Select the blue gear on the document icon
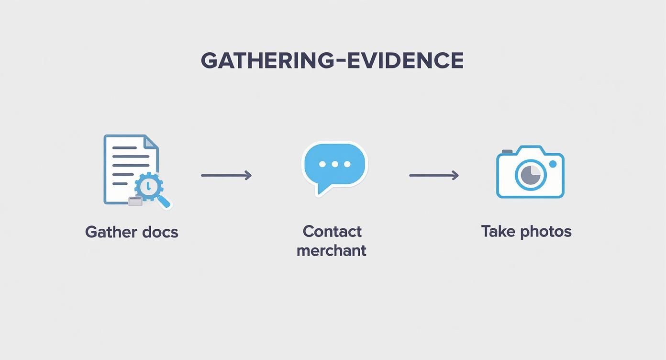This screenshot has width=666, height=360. pyautogui.click(x=149, y=186)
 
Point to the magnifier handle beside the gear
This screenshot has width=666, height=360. pyautogui.click(x=164, y=202)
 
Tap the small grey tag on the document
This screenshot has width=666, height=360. pyautogui.click(x=135, y=201)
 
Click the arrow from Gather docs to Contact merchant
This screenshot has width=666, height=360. pyautogui.click(x=226, y=176)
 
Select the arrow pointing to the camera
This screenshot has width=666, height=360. pyautogui.click(x=434, y=176)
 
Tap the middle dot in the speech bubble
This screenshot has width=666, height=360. pyautogui.click(x=334, y=164)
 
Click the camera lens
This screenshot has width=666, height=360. pyautogui.click(x=531, y=174)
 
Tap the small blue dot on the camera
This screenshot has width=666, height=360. pyautogui.click(x=553, y=164)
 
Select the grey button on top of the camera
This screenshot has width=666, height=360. pyautogui.click(x=507, y=152)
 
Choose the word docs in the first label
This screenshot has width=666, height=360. pyautogui.click(x=160, y=232)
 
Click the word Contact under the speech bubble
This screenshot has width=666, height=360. pyautogui.click(x=332, y=232)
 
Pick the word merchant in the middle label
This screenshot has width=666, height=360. pyautogui.click(x=332, y=250)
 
